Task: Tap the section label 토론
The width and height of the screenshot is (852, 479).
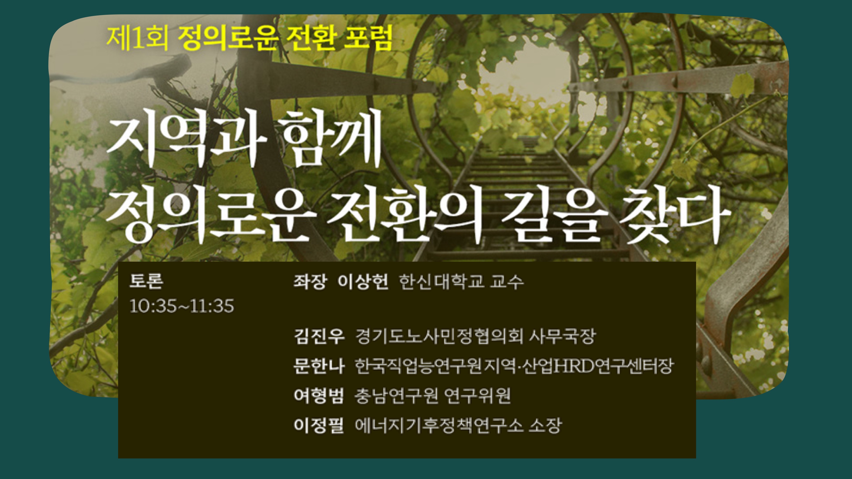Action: [146, 281]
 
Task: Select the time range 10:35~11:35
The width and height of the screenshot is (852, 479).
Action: [182, 306]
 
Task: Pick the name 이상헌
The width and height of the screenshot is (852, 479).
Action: [363, 282]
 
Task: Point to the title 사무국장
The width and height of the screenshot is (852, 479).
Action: [562, 336]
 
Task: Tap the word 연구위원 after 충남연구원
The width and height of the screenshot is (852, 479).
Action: [477, 396]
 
